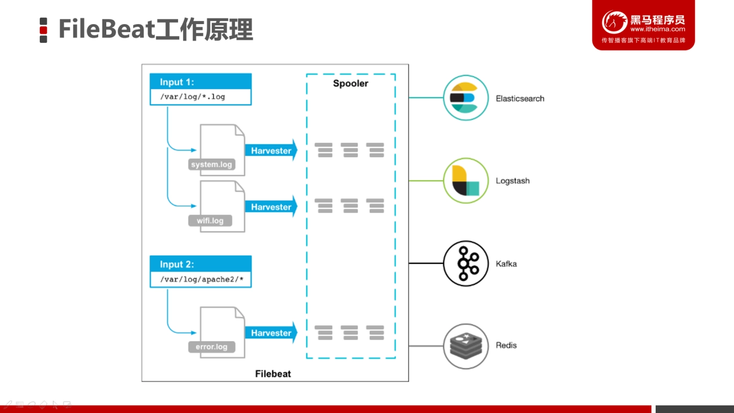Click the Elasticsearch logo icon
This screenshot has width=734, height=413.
466,98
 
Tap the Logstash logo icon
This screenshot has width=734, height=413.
466,180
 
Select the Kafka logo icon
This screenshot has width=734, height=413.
466,263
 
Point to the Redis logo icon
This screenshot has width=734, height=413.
466,346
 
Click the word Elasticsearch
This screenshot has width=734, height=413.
520,99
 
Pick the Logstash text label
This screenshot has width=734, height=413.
512,181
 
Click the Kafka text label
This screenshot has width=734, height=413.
507,264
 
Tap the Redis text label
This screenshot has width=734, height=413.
507,345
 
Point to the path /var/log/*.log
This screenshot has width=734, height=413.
193,97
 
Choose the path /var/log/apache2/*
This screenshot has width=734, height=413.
202,279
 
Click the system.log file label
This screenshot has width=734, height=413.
211,165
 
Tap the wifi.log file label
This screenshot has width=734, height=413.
210,221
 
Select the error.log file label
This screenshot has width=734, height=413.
211,347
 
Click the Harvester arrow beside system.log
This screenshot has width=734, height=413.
271,151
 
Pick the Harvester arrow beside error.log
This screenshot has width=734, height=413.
271,333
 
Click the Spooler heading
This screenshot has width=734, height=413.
350,84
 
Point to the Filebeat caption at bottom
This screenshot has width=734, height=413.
273,374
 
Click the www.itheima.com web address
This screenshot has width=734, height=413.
657,29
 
